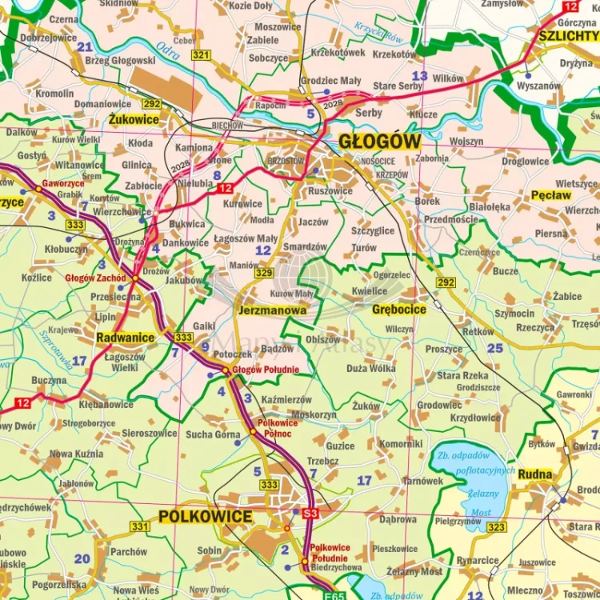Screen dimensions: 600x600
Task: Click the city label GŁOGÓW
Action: pyautogui.click(x=379, y=141)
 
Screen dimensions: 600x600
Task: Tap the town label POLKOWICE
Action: pyautogui.click(x=205, y=516)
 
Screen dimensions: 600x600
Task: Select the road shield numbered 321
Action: pyautogui.click(x=201, y=54)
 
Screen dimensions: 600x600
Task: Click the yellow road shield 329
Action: pyautogui.click(x=264, y=274)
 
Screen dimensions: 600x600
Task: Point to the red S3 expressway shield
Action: pyautogui.click(x=310, y=512)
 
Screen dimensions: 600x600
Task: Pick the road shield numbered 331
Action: pyautogui.click(x=140, y=526)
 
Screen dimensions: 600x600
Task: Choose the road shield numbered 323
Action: pyautogui.click(x=497, y=527)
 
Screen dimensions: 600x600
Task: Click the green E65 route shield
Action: pyautogui.click(x=335, y=595)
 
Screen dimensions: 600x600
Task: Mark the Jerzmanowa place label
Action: pyautogui.click(x=272, y=310)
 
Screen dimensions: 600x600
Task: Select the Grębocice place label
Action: pyautogui.click(x=399, y=309)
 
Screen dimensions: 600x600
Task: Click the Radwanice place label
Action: pyautogui.click(x=126, y=338)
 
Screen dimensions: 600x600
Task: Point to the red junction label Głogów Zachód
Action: pyautogui.click(x=96, y=278)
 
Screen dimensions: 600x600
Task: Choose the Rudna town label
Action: pyautogui.click(x=535, y=474)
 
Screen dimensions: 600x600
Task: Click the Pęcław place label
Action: pyautogui.click(x=551, y=194)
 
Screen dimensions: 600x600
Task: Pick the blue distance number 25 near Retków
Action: pyautogui.click(x=495, y=347)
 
